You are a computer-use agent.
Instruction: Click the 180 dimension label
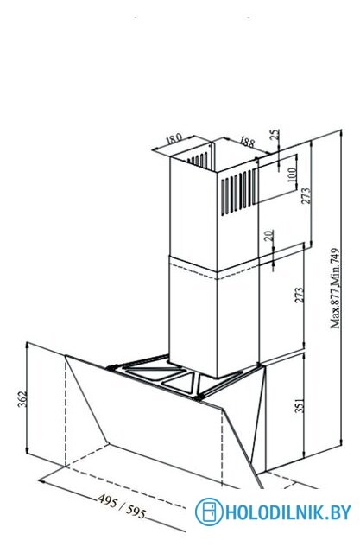[x=174, y=137]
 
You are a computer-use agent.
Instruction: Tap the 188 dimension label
[x=247, y=142]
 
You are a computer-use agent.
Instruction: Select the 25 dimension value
[x=275, y=135]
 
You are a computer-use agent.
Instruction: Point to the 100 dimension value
[x=292, y=175]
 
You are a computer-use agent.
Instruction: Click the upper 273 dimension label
[x=306, y=195]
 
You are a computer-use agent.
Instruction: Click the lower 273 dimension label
[x=299, y=295]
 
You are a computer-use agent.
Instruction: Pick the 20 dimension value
[x=268, y=235]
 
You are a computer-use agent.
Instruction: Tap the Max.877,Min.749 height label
[x=335, y=288]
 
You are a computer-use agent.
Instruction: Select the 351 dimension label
[x=299, y=405]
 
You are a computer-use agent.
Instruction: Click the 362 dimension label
[x=22, y=398]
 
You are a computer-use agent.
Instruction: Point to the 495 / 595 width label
[x=122, y=506]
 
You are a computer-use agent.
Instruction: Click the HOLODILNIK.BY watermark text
[x=287, y=512]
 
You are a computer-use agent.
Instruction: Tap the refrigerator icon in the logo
[x=209, y=512]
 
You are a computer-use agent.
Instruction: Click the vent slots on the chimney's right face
[x=236, y=193]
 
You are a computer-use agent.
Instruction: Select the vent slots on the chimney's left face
[x=197, y=160]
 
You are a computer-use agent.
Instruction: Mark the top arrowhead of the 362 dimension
[x=28, y=346]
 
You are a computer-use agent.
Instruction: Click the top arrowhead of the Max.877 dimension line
[x=341, y=133]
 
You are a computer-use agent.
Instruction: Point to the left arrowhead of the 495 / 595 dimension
[x=42, y=481]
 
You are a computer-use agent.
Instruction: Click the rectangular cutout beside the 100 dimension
[x=275, y=179]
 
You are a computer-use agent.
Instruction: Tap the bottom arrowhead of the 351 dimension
[x=304, y=454]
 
